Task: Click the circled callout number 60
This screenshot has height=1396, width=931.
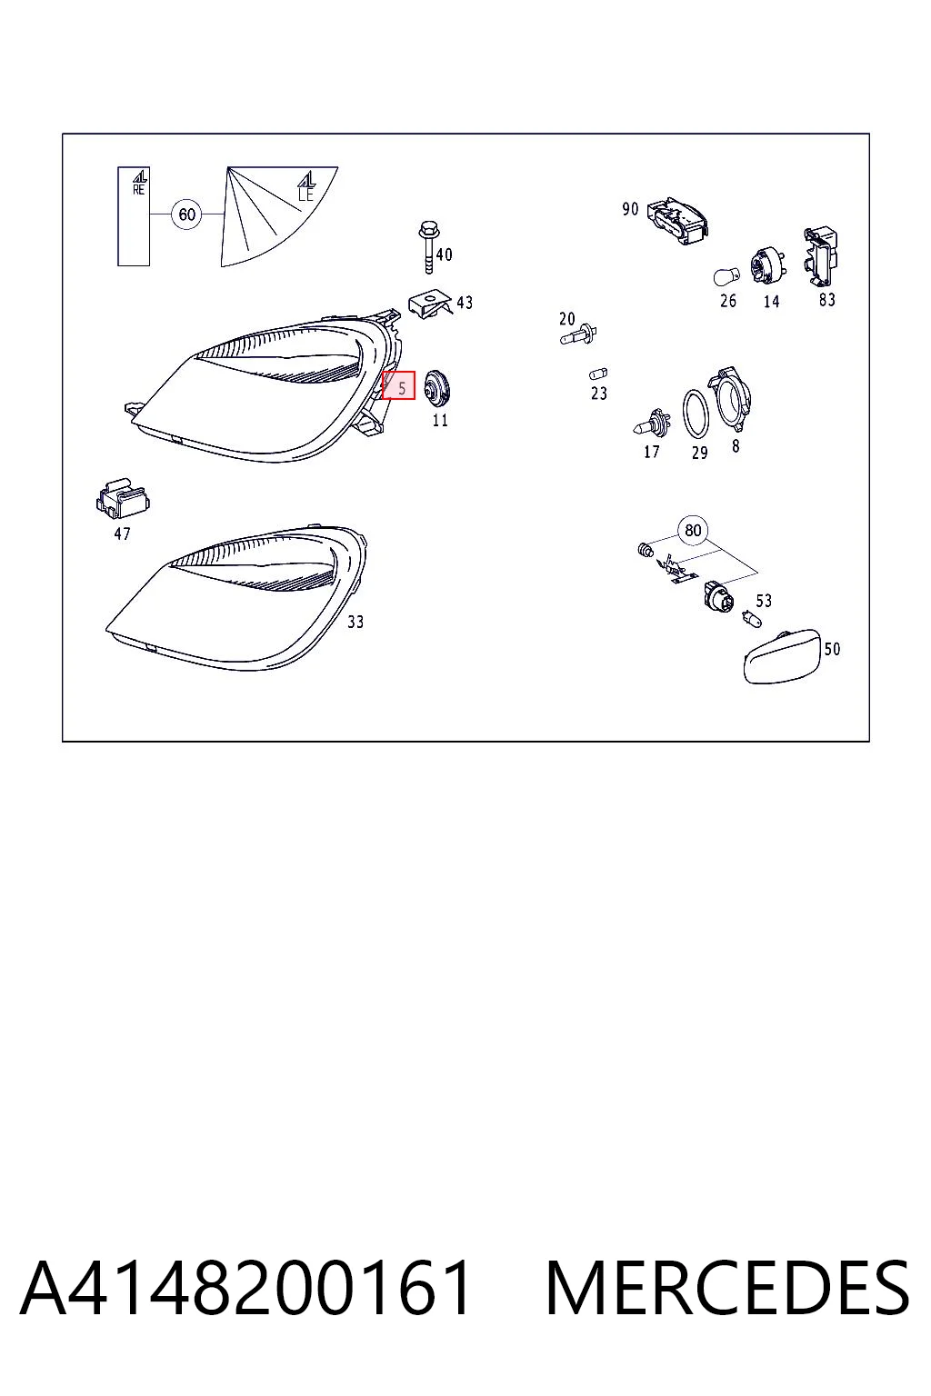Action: (187, 214)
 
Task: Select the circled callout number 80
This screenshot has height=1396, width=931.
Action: (693, 531)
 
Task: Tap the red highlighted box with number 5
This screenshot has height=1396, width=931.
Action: (398, 385)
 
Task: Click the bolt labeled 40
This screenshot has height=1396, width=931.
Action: (429, 247)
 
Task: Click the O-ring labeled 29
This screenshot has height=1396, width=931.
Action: (696, 414)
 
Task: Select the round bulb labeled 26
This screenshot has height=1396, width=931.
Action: (726, 275)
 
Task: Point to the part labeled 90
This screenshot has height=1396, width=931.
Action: (677, 222)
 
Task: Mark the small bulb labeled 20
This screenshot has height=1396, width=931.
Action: (579, 335)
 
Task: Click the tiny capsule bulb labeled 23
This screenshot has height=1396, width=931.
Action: (598, 374)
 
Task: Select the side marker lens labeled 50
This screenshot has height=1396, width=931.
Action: (782, 656)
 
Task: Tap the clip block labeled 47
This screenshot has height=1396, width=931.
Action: (122, 499)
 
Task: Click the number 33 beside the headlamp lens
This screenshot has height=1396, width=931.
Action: (355, 622)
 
